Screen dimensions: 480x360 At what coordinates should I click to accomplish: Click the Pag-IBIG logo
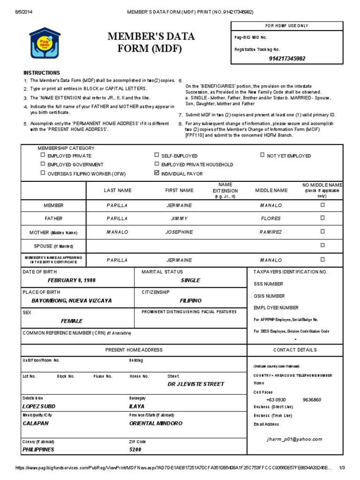(x=45, y=43)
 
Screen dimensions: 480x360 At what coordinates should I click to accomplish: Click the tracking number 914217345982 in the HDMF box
(x=287, y=59)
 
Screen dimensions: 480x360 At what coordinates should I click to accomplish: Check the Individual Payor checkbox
(x=157, y=173)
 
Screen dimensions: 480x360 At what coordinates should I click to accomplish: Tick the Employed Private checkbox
(x=43, y=155)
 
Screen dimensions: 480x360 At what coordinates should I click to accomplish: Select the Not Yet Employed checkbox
(x=262, y=155)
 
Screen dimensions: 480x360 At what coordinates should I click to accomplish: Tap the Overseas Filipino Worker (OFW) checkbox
(x=43, y=173)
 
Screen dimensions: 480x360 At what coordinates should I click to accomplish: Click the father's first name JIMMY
(x=180, y=218)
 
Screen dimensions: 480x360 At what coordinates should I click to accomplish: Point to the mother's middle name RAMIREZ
(x=271, y=232)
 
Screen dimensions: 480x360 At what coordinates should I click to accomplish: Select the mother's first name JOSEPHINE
(x=179, y=232)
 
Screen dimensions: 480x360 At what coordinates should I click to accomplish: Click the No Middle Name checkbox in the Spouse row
(x=322, y=245)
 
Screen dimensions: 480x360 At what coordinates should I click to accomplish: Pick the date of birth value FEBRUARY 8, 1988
(x=71, y=280)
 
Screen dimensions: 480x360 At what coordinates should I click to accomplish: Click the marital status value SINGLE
(x=190, y=280)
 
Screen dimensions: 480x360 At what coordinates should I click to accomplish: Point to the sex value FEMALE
(x=72, y=321)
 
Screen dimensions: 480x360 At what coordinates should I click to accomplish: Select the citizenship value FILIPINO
(x=190, y=300)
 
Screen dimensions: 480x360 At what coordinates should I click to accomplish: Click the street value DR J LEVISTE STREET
(x=196, y=384)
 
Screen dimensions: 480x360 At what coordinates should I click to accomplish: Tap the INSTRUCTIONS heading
(x=42, y=73)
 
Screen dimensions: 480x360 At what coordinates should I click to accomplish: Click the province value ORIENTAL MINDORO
(x=156, y=423)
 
